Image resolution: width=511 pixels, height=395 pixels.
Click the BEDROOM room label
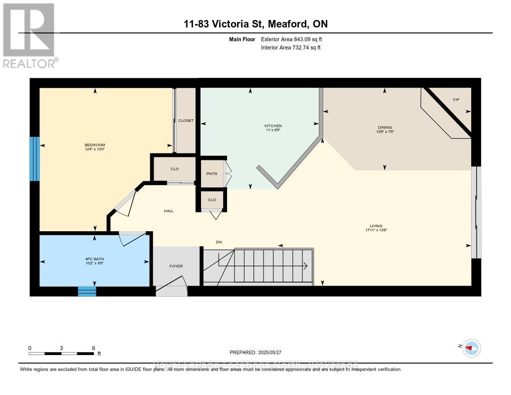click(94, 145)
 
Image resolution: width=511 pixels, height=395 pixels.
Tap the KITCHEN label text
click(273, 126)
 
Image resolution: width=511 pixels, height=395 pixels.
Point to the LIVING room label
click(376, 226)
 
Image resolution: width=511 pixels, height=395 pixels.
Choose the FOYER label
click(176, 266)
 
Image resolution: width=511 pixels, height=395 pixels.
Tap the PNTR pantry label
click(212, 174)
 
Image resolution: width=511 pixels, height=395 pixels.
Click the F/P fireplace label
click(456, 100)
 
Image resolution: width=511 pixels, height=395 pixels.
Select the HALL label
click(169, 211)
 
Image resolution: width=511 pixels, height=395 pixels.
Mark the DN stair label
click(218, 242)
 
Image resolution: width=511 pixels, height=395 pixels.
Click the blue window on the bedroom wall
click(34, 159)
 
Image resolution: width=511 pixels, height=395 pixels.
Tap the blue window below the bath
click(87, 291)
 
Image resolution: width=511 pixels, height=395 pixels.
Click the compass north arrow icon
click(471, 348)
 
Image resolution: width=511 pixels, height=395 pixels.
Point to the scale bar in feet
click(61, 353)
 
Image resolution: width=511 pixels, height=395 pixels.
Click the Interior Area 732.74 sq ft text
click(291, 48)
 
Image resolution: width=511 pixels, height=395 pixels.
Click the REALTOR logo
click(29, 35)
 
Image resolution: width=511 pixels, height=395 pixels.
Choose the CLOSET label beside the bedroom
click(186, 120)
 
